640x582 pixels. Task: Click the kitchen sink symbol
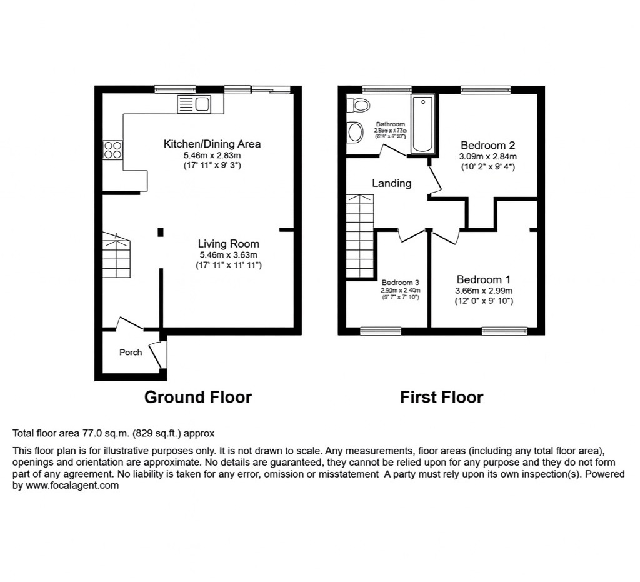point(194,104)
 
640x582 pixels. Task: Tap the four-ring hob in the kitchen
point(113,149)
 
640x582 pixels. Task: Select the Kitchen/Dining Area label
point(212,144)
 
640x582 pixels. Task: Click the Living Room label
point(228,244)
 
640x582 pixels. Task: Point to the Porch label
point(131,353)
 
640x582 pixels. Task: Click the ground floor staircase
point(117,256)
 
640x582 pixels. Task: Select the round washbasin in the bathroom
point(355,132)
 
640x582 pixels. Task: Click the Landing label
point(392,183)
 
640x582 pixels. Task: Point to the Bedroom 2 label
point(487,145)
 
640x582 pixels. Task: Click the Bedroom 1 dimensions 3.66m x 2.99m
point(484,291)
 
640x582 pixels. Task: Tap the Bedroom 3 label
point(401,282)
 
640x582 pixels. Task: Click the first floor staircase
point(360,235)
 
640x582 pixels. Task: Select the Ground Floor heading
point(198,397)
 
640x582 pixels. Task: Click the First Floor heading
point(442,397)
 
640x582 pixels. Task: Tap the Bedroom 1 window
point(504,330)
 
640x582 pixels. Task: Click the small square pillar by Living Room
point(160,232)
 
